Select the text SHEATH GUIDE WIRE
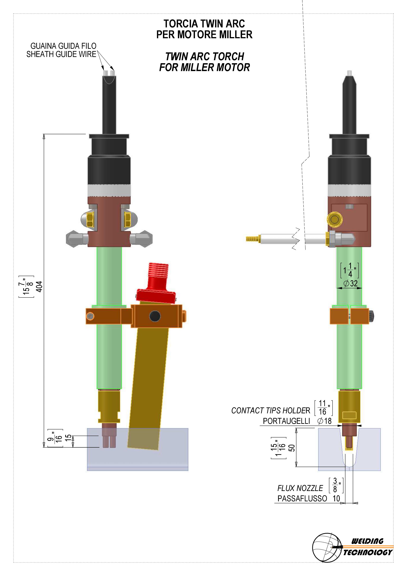(61, 54)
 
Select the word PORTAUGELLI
(286, 421)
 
